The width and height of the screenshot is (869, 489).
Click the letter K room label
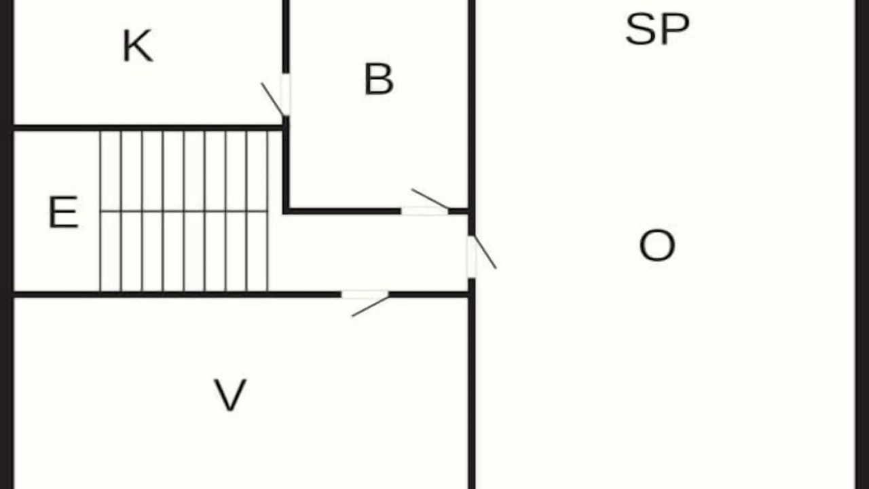pyautogui.click(x=138, y=46)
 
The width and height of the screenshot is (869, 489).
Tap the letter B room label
pyautogui.click(x=379, y=79)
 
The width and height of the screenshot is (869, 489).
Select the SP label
pyautogui.click(x=657, y=29)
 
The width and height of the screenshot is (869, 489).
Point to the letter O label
pyautogui.click(x=657, y=245)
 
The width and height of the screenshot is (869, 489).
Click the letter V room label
pyautogui.click(x=230, y=395)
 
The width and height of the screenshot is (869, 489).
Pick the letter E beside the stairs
pyautogui.click(x=64, y=213)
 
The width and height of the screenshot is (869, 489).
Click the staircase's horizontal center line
pyautogui.click(x=184, y=211)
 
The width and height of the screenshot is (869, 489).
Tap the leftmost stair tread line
pyautogui.click(x=100, y=211)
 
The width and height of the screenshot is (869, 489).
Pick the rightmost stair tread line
pyautogui.click(x=267, y=211)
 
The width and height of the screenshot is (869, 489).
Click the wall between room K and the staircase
pyautogui.click(x=148, y=128)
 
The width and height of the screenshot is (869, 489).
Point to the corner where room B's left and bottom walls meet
pyautogui.click(x=286, y=211)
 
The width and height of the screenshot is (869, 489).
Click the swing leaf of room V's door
pyautogui.click(x=370, y=306)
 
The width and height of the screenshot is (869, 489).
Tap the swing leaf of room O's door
pyautogui.click(x=485, y=251)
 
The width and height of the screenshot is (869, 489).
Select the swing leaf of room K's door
pyautogui.click(x=273, y=99)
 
